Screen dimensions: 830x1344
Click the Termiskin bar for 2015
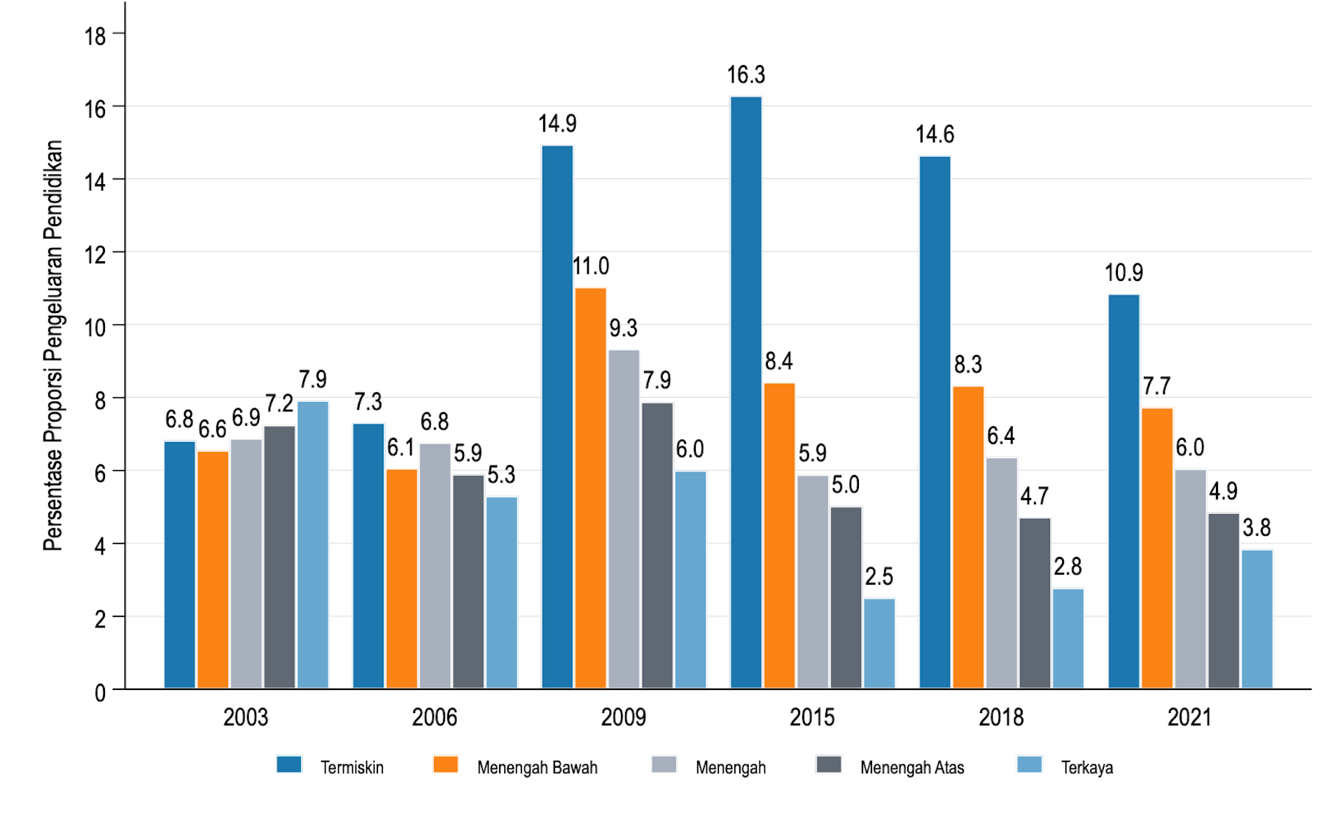point(746,392)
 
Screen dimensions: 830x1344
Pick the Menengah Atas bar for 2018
point(1035,603)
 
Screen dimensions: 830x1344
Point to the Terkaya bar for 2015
point(879,644)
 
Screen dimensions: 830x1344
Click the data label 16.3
point(746,75)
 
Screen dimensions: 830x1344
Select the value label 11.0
point(591,266)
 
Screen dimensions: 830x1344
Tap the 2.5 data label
point(879,576)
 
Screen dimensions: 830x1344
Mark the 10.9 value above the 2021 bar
point(1123,272)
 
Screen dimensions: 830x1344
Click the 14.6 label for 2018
point(934,134)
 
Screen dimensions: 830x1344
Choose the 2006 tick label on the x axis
point(434,717)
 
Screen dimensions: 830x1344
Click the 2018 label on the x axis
point(1000,717)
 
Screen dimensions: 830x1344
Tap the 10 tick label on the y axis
point(95,328)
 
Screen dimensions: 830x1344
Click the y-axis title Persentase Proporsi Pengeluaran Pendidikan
point(53,345)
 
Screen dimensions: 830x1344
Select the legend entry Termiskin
point(351,768)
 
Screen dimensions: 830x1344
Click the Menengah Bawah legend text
point(537,768)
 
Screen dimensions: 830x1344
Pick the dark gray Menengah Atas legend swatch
point(829,764)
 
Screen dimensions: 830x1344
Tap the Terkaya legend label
point(1086,768)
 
